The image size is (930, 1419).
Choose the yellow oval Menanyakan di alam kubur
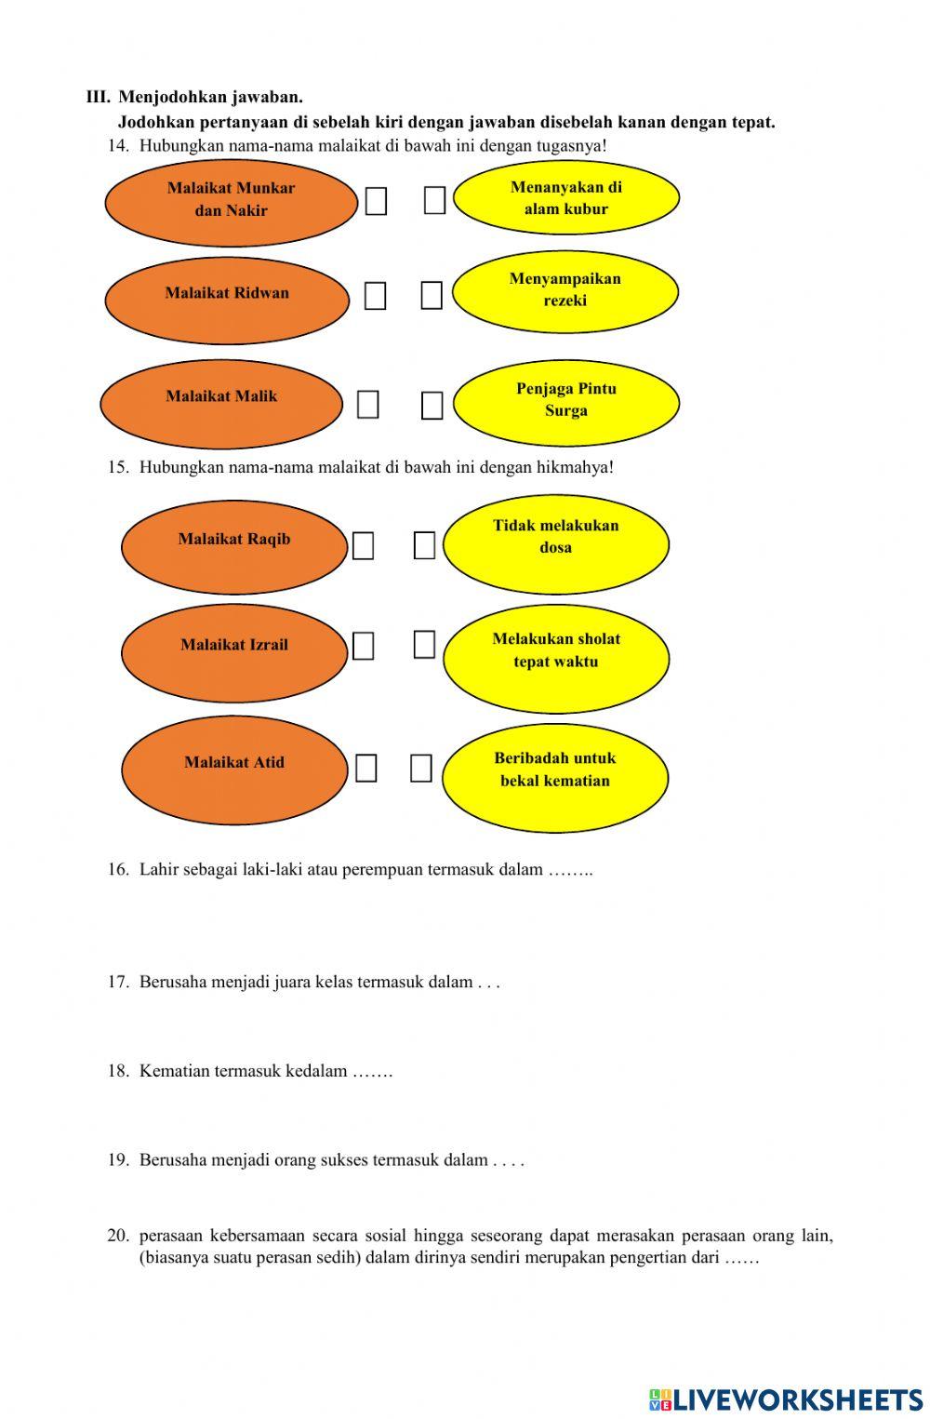[x=566, y=197]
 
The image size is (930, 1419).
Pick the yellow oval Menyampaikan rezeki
[x=565, y=291]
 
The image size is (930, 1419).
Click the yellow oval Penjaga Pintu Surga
[x=566, y=402]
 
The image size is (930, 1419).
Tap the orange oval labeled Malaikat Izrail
[x=234, y=652]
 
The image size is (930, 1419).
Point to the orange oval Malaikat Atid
[x=234, y=770]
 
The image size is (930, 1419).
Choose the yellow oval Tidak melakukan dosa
[x=555, y=543]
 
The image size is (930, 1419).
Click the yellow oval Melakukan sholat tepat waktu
[x=556, y=658]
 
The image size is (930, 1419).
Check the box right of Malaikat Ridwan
[x=375, y=296]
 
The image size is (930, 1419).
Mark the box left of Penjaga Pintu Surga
[x=432, y=406]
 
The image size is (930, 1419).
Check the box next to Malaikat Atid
[x=366, y=769]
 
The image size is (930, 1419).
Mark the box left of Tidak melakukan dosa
[x=424, y=545]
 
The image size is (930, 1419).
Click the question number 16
[x=118, y=870]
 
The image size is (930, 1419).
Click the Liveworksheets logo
[x=786, y=1399]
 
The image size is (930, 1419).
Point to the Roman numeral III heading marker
[x=98, y=97]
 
